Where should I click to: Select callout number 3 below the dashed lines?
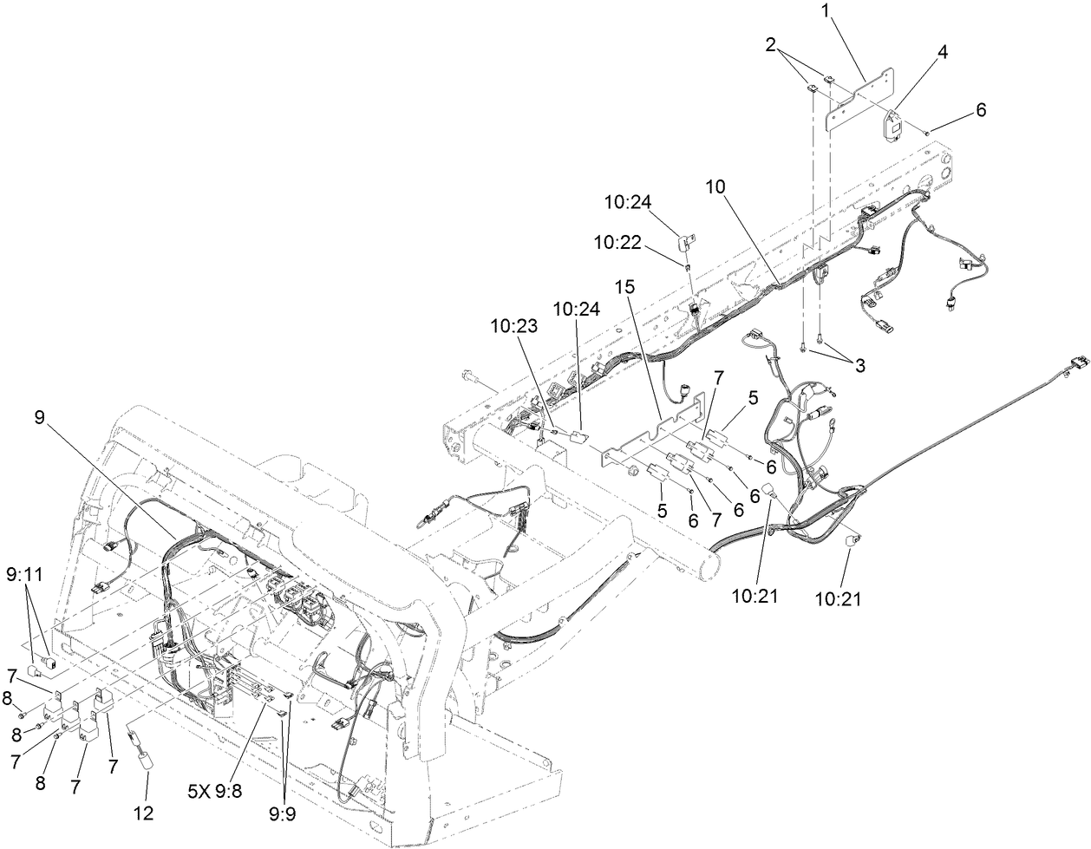click(x=859, y=366)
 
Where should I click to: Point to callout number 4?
click(x=941, y=52)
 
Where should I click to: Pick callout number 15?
click(x=626, y=286)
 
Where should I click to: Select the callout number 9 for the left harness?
click(x=39, y=417)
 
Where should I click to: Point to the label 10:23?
click(x=513, y=326)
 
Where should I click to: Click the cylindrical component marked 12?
click(x=143, y=759)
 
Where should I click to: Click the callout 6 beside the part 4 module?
click(x=980, y=110)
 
